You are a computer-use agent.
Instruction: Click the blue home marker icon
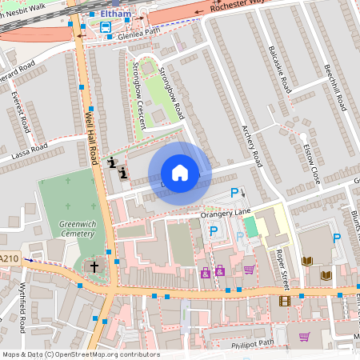[x=180, y=173]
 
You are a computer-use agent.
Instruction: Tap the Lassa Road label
[x=29, y=150]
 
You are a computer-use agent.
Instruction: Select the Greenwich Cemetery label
[x=77, y=229]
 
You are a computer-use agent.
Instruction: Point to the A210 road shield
[x=9, y=258]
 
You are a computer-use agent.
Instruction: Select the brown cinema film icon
[x=284, y=301]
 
